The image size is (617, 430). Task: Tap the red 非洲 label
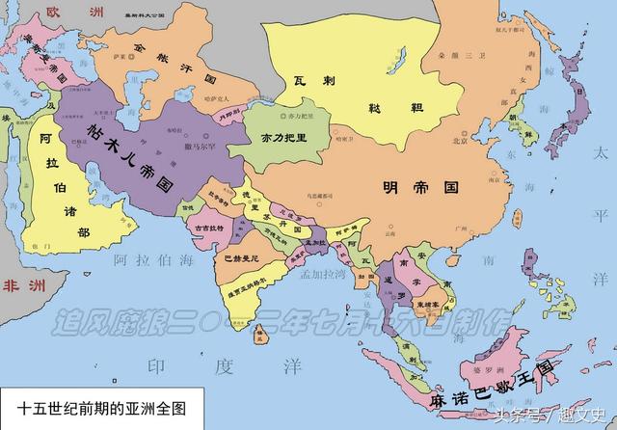19,285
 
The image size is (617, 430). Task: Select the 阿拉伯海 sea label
154,261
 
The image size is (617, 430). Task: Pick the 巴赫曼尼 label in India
240,259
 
